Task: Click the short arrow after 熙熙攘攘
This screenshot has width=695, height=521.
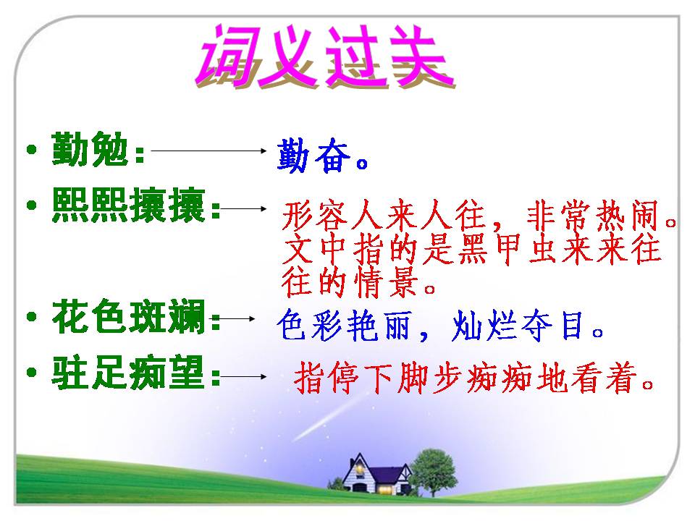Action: click(x=245, y=208)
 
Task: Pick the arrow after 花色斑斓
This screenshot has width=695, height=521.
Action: click(x=237, y=318)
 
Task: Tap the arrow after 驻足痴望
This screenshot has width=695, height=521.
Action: click(x=245, y=376)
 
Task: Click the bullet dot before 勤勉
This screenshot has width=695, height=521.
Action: click(x=30, y=151)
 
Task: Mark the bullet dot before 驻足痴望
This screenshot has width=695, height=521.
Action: click(x=30, y=373)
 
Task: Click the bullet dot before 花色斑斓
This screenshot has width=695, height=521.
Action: click(x=30, y=317)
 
